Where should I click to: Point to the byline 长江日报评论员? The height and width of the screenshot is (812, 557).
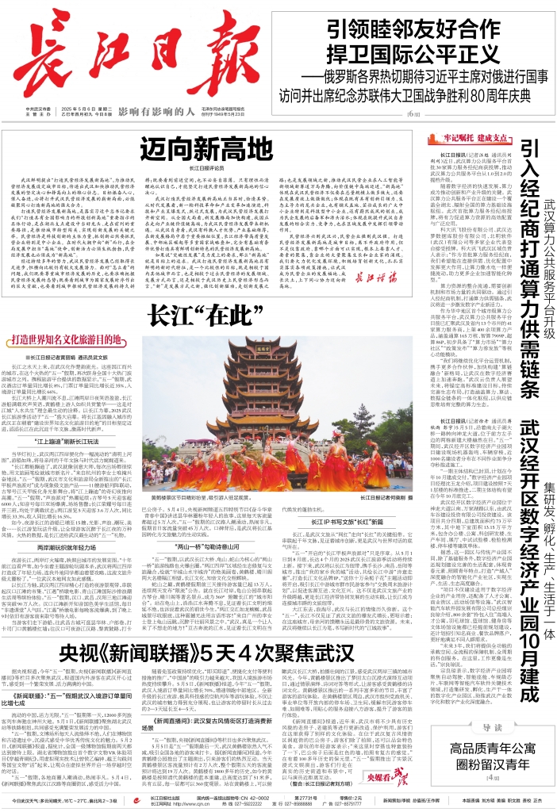pyautogui.click(x=206, y=169)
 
